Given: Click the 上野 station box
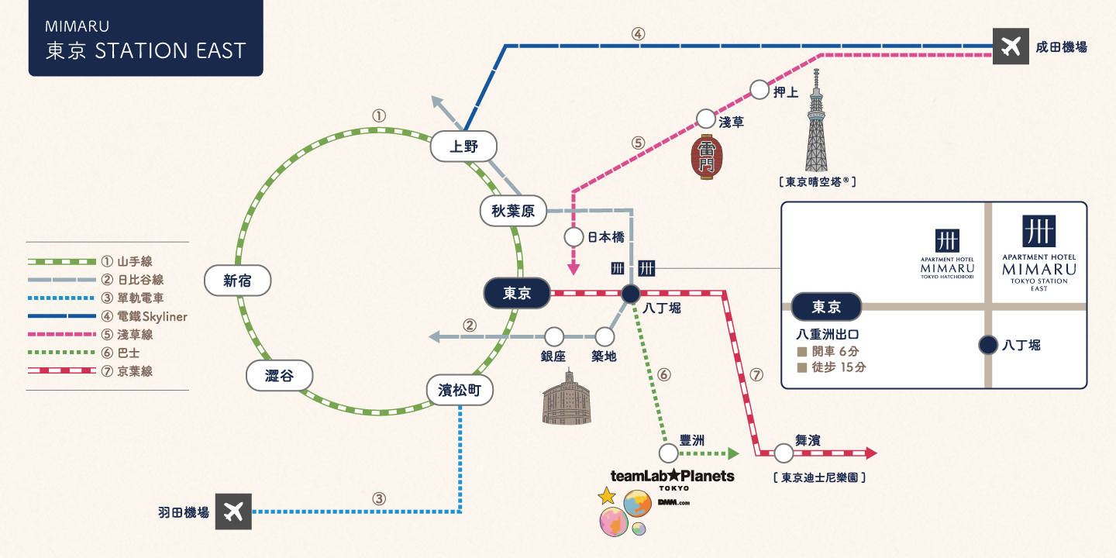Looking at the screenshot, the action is pos(463,146).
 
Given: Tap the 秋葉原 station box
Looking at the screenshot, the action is pos(513,211).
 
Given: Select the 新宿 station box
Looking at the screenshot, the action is pos(238,281).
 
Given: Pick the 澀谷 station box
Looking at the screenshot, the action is pos(280,375).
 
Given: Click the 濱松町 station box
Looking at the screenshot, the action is pos(460,390).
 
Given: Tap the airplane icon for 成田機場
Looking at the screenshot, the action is pos(1011,46).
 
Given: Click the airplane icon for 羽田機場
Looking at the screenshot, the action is pos(233,511).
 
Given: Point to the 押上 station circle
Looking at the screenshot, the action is pos(759,90).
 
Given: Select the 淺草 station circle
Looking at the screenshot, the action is pos(706,119).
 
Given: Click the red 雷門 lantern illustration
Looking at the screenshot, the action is pos(707,157).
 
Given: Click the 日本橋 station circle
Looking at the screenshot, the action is pos(574,237).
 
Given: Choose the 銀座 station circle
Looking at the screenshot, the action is pos(554,337).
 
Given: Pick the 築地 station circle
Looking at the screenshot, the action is pos(604,337).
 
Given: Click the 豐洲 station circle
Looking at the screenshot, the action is pos(669,453).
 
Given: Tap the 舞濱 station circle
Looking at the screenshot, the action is pos(784,453).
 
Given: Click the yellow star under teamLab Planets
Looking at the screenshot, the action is pos(607,496).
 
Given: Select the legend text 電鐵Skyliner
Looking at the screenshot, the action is pos(152,316).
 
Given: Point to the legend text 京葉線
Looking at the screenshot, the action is pos(135,371).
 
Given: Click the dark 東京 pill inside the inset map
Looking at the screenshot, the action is pos(826,306).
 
